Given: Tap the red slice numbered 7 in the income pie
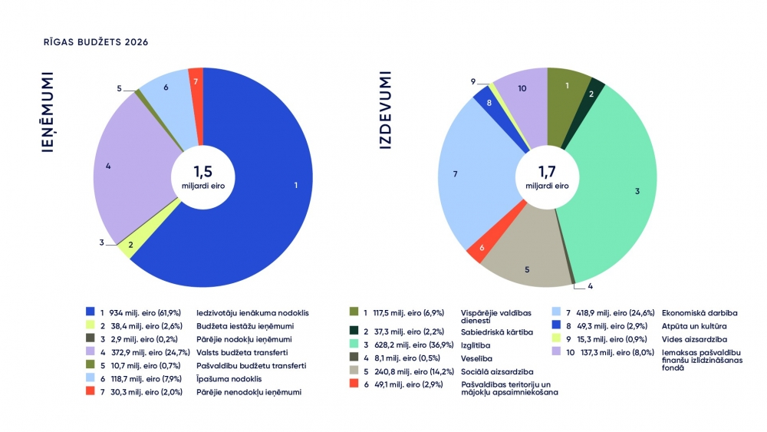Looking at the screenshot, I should coord(196,81).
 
